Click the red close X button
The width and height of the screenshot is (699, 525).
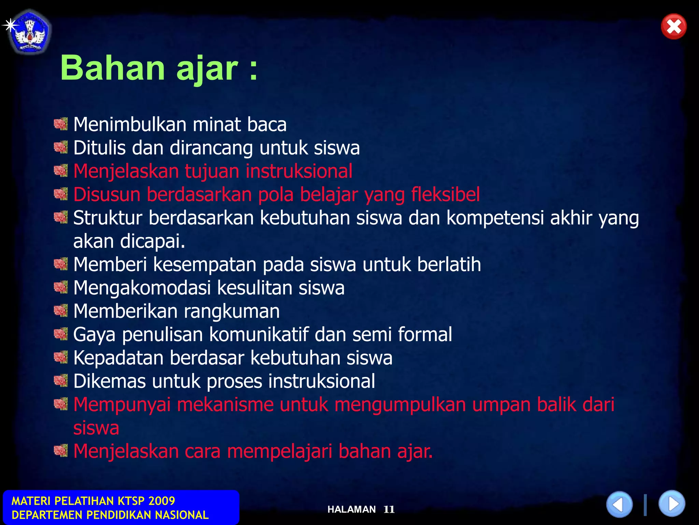click(673, 27)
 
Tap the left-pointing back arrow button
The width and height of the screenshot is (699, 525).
click(619, 504)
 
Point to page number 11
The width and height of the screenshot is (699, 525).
click(389, 510)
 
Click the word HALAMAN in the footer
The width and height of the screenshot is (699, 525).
click(352, 510)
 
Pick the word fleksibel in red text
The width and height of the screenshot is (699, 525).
click(445, 194)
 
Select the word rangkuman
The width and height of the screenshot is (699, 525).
click(232, 311)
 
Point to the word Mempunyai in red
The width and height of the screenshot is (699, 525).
click(122, 405)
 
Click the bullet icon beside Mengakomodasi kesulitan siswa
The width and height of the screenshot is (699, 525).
click(61, 287)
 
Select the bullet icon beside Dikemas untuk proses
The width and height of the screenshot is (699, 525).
click(61, 380)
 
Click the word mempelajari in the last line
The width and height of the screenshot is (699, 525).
click(280, 451)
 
